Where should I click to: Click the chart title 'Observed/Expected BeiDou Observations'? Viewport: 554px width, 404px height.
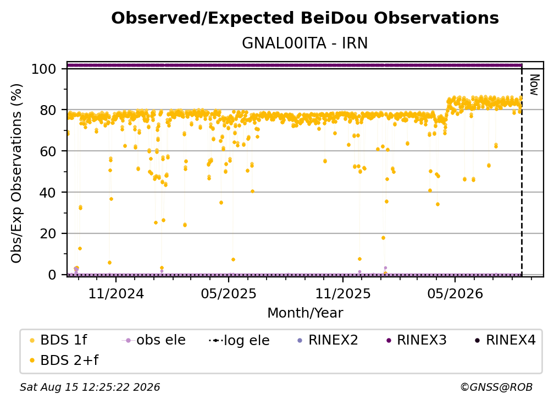pyautogui.click(x=305, y=18)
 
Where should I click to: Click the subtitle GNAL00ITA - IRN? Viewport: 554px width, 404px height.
pyautogui.click(x=305, y=43)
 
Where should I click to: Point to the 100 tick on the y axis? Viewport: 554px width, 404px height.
pyautogui.click(x=44, y=69)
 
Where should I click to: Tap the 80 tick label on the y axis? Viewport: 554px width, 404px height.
pyautogui.click(x=48, y=110)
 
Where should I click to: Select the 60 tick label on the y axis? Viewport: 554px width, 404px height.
pyautogui.click(x=48, y=151)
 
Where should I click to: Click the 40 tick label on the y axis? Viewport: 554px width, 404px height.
pyautogui.click(x=48, y=193)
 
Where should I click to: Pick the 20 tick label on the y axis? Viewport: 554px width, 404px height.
pyautogui.click(x=48, y=234)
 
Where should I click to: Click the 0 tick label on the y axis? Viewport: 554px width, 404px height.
pyautogui.click(x=52, y=275)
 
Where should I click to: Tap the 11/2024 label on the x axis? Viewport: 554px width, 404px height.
pyautogui.click(x=116, y=293)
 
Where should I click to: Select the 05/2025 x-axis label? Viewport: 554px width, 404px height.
pyautogui.click(x=229, y=293)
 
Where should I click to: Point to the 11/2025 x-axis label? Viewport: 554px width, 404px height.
pyautogui.click(x=343, y=293)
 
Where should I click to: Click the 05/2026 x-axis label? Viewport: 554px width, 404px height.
pyautogui.click(x=455, y=293)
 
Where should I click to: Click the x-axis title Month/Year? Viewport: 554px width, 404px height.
pyautogui.click(x=305, y=313)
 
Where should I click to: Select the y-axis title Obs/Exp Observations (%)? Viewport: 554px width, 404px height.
pyautogui.click(x=16, y=173)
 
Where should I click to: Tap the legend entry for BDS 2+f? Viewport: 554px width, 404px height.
pyautogui.click(x=64, y=360)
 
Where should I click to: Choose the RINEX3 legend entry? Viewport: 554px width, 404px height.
pyautogui.click(x=417, y=340)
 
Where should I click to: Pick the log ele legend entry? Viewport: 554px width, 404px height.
pyautogui.click(x=239, y=340)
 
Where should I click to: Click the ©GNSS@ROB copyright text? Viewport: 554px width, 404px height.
pyautogui.click(x=496, y=387)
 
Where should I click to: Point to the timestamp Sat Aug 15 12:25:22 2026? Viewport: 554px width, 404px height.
pyautogui.click(x=90, y=387)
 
